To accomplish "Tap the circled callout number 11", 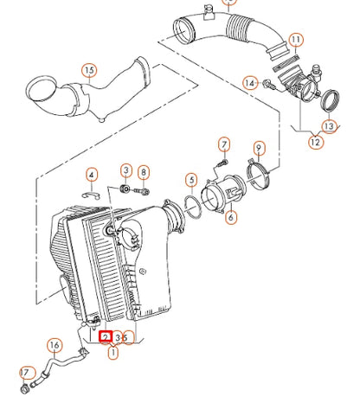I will click(x=297, y=40).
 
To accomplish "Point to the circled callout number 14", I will click(x=250, y=83).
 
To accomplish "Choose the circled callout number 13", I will click(x=330, y=126).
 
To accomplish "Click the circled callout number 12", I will click(x=315, y=142).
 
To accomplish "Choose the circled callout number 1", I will click(x=112, y=353).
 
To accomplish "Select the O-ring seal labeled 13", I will click(x=330, y=102).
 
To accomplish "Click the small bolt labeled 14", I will click(x=268, y=85).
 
